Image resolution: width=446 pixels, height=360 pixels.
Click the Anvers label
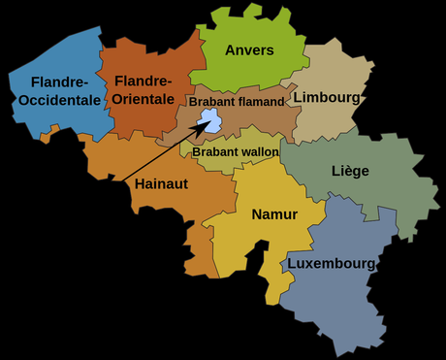[249, 50]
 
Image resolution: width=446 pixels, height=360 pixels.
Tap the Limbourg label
[326, 98]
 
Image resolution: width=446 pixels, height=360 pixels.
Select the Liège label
[350, 172]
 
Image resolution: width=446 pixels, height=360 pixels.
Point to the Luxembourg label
[331, 263]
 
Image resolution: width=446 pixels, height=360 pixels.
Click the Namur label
[274, 214]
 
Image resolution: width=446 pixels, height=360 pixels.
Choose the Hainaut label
[162, 182]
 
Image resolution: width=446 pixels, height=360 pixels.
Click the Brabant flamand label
[237, 101]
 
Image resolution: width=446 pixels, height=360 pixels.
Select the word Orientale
[142, 100]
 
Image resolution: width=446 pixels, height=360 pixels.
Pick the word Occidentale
[58, 100]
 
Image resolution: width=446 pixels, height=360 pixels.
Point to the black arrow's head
[201, 127]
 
